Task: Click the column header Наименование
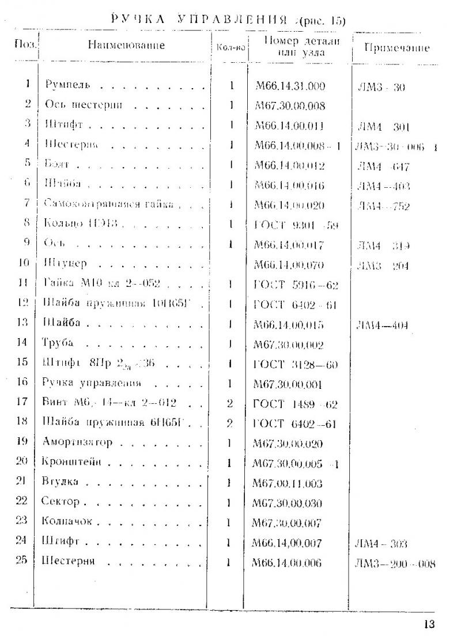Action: point(126,45)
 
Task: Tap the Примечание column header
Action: point(396,48)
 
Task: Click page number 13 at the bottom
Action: point(429,624)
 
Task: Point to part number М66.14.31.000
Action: point(290,86)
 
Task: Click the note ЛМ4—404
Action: point(383,325)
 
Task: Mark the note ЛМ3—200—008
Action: point(395,563)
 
